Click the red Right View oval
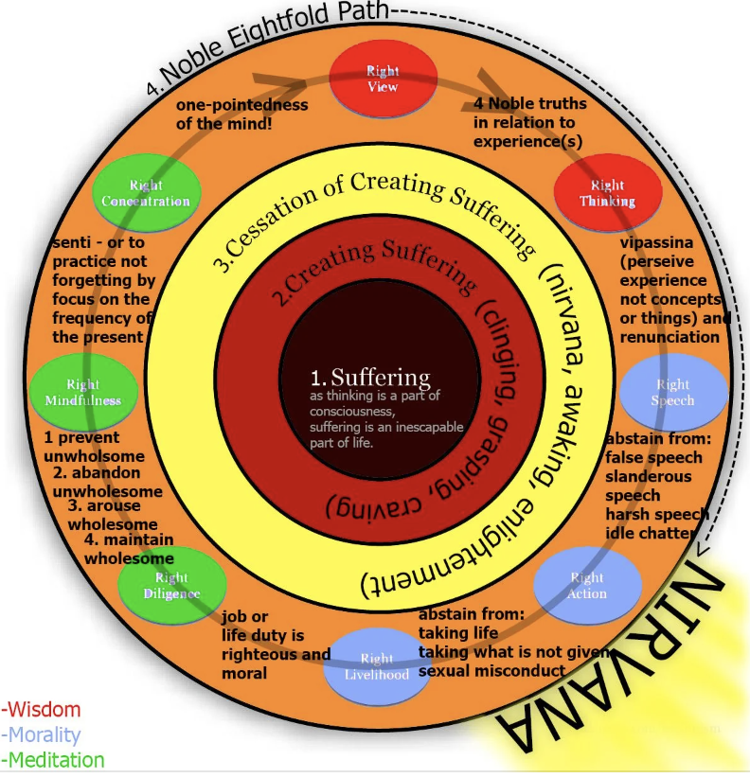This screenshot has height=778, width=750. (x=383, y=80)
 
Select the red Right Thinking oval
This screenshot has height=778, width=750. (x=607, y=193)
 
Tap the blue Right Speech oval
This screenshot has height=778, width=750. (x=672, y=392)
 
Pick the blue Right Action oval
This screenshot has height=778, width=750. (x=586, y=586)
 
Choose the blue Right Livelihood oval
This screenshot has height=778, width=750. (x=377, y=666)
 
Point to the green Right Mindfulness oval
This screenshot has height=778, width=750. (x=82, y=392)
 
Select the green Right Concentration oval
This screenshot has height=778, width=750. (x=146, y=193)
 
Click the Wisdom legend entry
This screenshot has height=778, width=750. (x=42, y=709)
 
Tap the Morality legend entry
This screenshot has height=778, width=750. (x=42, y=734)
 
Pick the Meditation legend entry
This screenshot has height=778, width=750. (x=53, y=759)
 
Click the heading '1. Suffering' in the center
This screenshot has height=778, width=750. (x=370, y=378)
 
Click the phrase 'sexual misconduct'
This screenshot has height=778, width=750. (x=491, y=670)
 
